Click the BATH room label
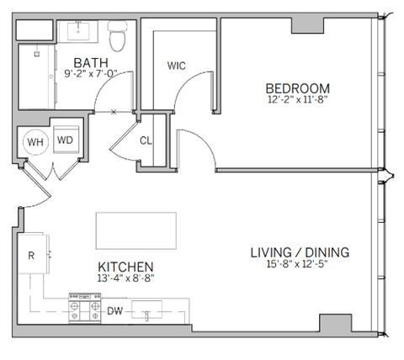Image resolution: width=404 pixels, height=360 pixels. coord(89,62)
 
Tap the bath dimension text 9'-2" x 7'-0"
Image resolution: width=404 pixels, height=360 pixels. coord(89,75)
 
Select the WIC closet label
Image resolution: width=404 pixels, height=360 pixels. coord(177,65)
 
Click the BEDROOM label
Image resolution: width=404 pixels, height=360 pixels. coord(297,88)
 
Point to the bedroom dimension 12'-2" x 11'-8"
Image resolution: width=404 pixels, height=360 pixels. coord(297,101)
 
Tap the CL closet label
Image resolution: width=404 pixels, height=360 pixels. coord(145,140)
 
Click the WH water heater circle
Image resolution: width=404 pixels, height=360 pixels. coord(35,142)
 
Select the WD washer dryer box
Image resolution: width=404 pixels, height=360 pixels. coord(65,141)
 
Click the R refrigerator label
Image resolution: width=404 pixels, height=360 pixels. coord(30,254)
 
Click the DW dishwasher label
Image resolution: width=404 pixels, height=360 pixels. coord(114,311)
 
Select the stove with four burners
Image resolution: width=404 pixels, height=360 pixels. coord(84,309)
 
